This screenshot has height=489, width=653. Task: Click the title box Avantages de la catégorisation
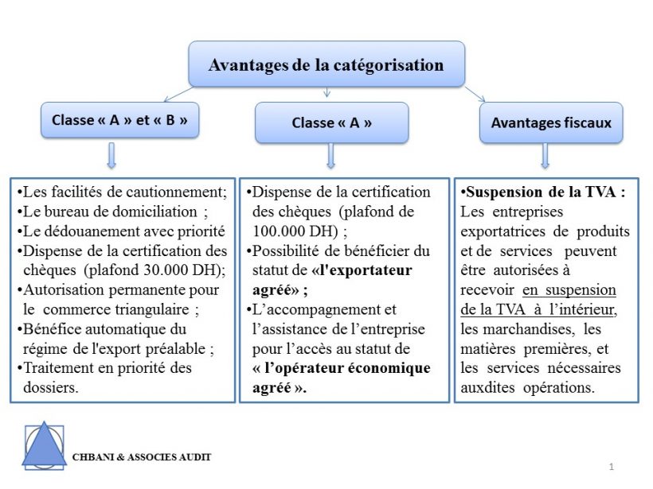pyautogui.click(x=326, y=64)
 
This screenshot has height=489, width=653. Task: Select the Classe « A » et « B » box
pyautogui.click(x=119, y=121)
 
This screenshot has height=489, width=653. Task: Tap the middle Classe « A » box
pyautogui.click(x=331, y=122)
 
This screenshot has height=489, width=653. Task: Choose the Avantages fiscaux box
pyautogui.click(x=550, y=122)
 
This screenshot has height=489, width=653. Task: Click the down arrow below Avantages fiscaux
pyautogui.click(x=545, y=156)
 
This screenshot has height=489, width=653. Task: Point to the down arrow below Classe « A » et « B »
pyautogui.click(x=111, y=155)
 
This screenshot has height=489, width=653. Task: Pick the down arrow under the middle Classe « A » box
pyautogui.click(x=330, y=156)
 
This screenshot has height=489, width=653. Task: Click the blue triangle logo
pyautogui.click(x=45, y=444)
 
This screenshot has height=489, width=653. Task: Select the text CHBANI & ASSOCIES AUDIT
pyautogui.click(x=142, y=457)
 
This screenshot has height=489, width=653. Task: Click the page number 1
pyautogui.click(x=611, y=466)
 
